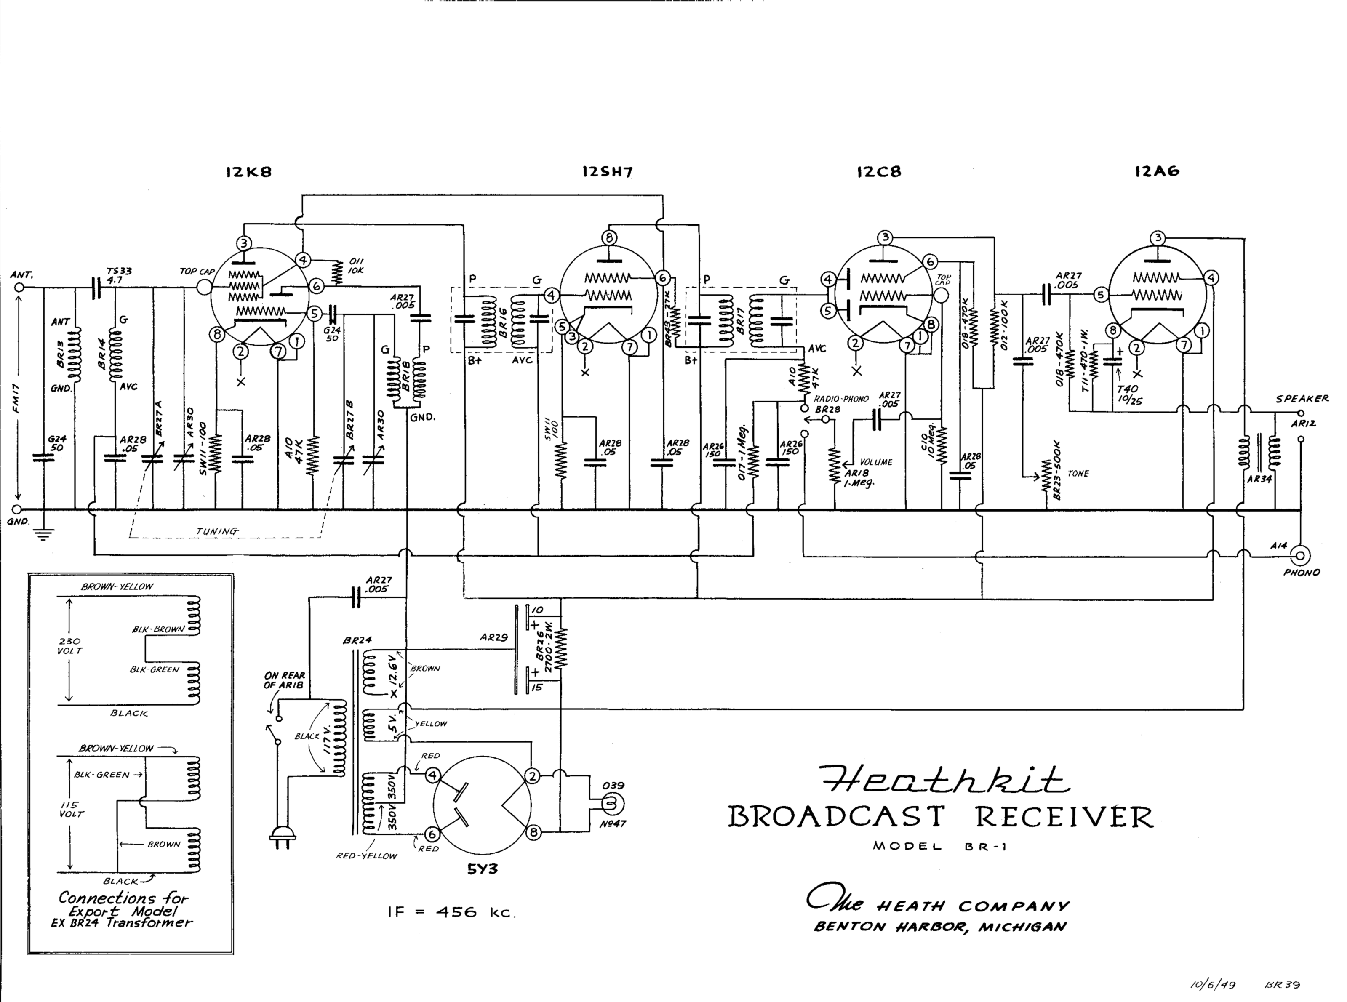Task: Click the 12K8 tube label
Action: (249, 172)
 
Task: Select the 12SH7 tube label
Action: (607, 172)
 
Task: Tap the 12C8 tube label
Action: (879, 172)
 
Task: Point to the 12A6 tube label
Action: (1157, 172)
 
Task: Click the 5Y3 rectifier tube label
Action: (482, 869)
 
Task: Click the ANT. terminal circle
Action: (19, 288)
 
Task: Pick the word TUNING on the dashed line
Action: (216, 531)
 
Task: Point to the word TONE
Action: (1078, 474)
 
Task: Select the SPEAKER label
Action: (1302, 399)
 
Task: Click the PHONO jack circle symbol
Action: (1300, 555)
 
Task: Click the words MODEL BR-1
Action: (939, 847)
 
